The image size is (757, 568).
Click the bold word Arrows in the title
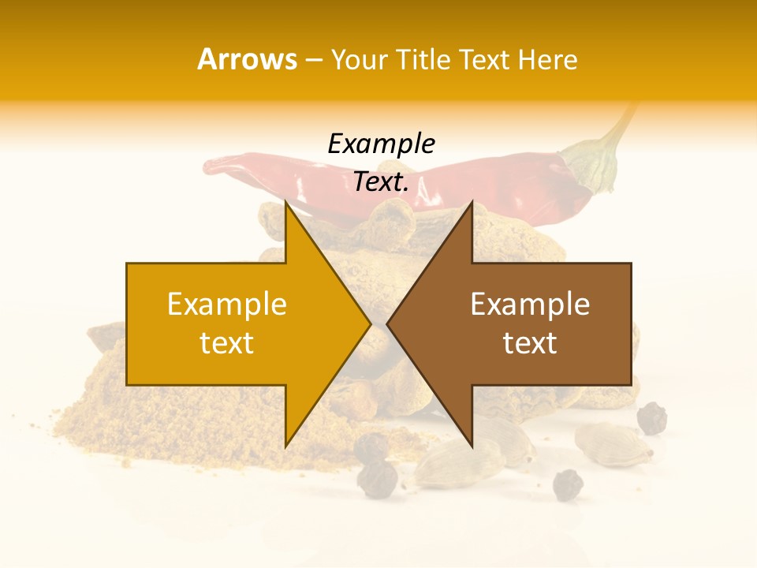point(247,59)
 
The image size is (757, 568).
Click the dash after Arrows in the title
point(313,61)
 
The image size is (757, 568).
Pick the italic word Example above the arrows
point(381,144)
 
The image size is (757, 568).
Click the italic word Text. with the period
point(381,181)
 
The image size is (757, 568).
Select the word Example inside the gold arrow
point(227,305)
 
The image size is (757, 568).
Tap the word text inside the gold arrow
point(227,343)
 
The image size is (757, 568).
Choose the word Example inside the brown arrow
point(530,305)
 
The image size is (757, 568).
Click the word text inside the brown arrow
point(530,343)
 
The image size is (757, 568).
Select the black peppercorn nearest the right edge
point(651,419)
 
